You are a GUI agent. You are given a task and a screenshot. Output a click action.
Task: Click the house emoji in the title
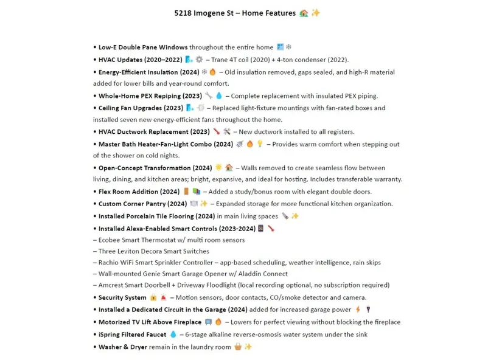coord(304,13)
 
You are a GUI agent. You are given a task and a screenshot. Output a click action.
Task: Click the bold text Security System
coord(122,297)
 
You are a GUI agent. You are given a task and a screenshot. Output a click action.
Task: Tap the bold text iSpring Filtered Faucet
coord(132,334)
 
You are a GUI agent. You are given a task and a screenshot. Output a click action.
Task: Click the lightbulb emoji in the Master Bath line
coord(260,144)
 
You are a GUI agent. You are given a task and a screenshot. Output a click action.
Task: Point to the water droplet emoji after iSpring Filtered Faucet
coord(173,334)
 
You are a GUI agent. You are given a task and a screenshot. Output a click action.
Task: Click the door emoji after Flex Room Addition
coord(186,192)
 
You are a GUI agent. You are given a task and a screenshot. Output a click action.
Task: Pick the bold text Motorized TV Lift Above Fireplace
coord(150,322)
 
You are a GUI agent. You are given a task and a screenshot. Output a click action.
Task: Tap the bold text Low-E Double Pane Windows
coord(143,47)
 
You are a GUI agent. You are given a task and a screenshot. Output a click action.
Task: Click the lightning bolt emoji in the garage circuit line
coord(358,310)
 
